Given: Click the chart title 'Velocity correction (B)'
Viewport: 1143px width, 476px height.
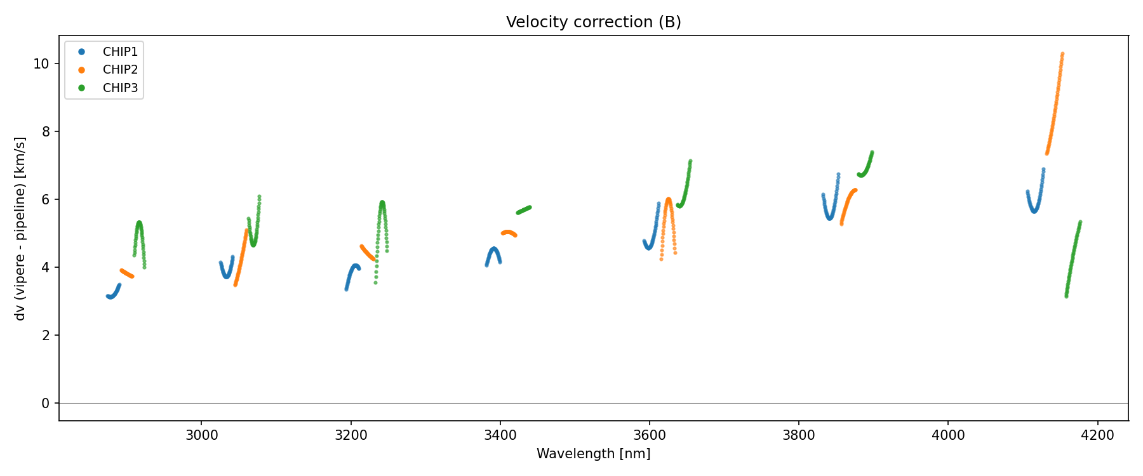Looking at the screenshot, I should (593, 22).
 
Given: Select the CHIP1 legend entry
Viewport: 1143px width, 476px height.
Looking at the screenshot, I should (120, 52).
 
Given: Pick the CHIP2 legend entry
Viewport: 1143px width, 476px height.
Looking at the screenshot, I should (120, 70).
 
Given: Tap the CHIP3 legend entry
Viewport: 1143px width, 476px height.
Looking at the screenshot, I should (120, 88).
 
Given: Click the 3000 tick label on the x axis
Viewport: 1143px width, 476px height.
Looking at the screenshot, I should (201, 435).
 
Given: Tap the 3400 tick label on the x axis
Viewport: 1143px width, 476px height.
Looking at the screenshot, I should (500, 435).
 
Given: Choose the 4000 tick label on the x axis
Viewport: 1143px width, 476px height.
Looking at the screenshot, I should (948, 435).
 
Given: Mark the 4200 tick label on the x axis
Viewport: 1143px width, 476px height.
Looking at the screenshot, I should (1097, 435).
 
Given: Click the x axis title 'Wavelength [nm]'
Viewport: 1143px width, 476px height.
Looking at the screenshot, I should (593, 454).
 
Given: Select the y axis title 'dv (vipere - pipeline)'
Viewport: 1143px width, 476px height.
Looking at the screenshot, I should (20, 228).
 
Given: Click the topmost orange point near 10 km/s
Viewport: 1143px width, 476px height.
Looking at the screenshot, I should (1062, 54).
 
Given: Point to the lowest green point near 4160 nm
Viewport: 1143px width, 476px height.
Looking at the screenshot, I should (1066, 296).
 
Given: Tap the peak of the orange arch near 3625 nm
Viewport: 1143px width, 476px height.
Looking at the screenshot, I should (668, 199).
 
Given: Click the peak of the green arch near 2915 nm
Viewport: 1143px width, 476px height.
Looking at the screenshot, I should (139, 223).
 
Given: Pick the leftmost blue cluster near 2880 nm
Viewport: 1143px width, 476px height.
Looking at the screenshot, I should (112, 295).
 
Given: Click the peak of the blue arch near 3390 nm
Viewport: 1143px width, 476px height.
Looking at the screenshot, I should (493, 249).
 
